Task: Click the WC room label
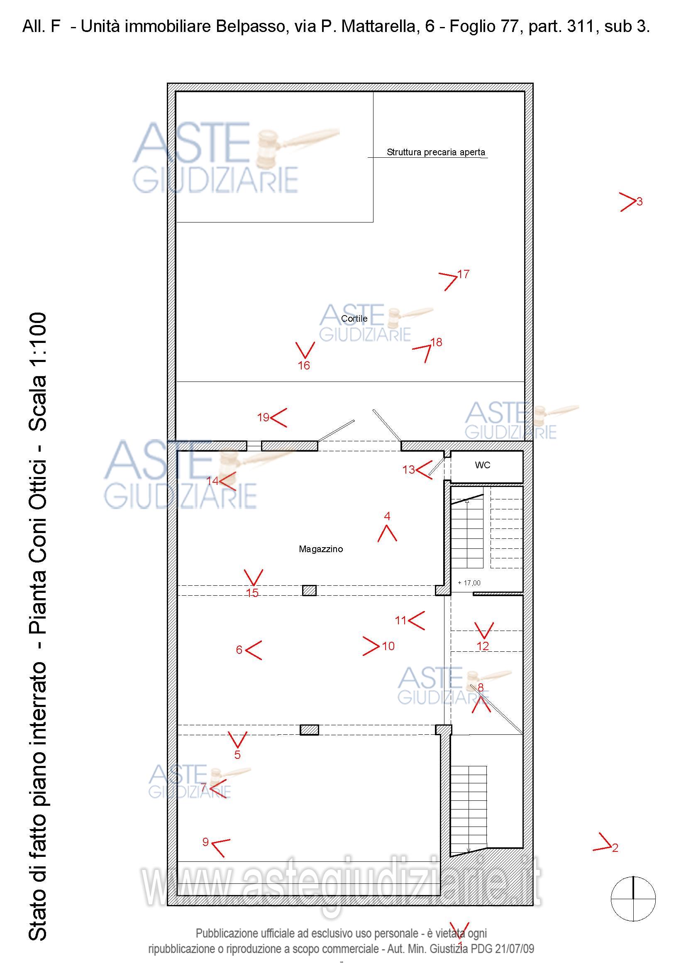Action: pyautogui.click(x=482, y=465)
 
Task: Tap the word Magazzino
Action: pyautogui.click(x=321, y=549)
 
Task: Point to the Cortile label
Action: pyautogui.click(x=354, y=318)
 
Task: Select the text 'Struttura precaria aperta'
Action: pyautogui.click(x=436, y=152)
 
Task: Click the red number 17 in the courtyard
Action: pyautogui.click(x=463, y=274)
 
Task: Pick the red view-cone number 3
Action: pyautogui.click(x=640, y=202)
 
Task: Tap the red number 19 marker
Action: pyautogui.click(x=264, y=417)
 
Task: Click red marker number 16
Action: pyautogui.click(x=304, y=365)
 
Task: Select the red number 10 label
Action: pyautogui.click(x=388, y=646)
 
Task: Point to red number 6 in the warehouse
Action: pyautogui.click(x=239, y=650)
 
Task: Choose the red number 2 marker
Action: pyautogui.click(x=615, y=848)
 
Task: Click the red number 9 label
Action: pyautogui.click(x=205, y=841)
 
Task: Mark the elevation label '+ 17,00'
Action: pyautogui.click(x=469, y=583)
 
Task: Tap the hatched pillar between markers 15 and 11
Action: pyautogui.click(x=310, y=590)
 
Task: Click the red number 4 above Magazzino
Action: pyautogui.click(x=387, y=516)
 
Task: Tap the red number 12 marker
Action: pyautogui.click(x=483, y=646)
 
